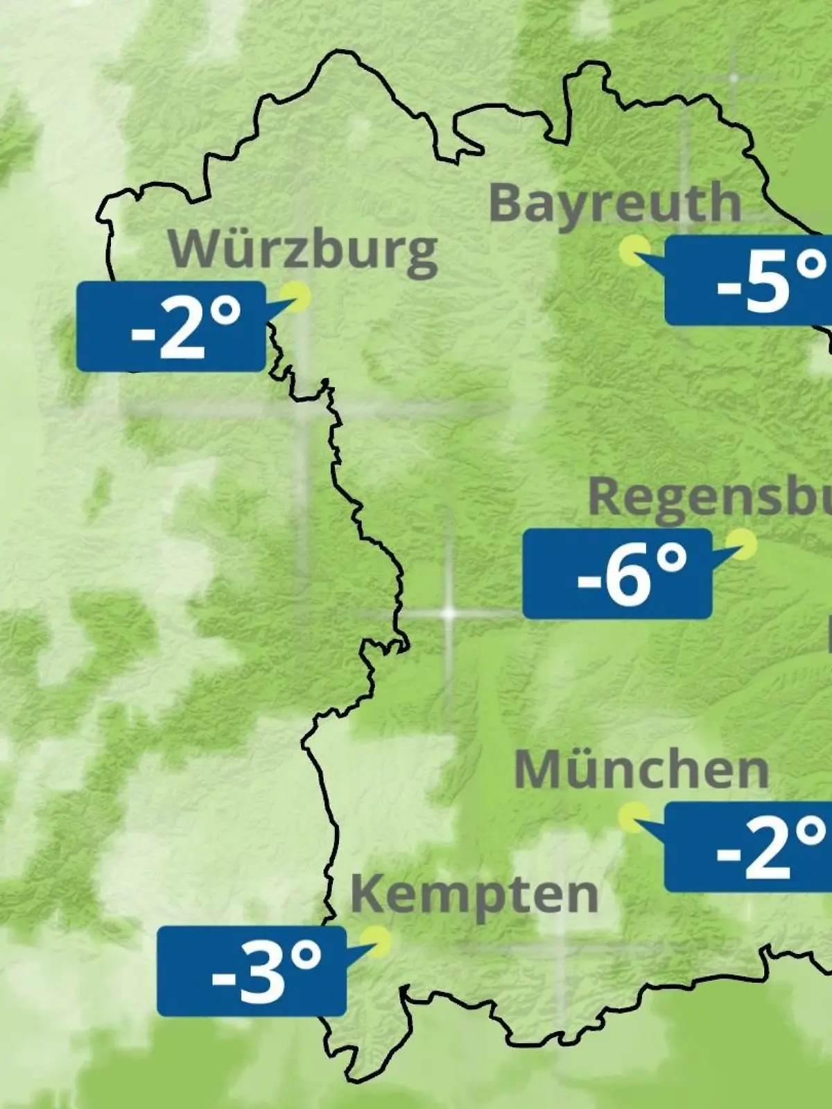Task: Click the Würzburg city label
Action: point(303,250)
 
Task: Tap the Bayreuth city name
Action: point(615,203)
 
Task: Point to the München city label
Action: point(641,769)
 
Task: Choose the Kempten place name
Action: point(474,894)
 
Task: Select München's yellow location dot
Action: point(633,817)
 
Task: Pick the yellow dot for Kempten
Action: point(379,941)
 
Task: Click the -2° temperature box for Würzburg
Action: point(171,326)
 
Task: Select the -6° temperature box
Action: point(617,574)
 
